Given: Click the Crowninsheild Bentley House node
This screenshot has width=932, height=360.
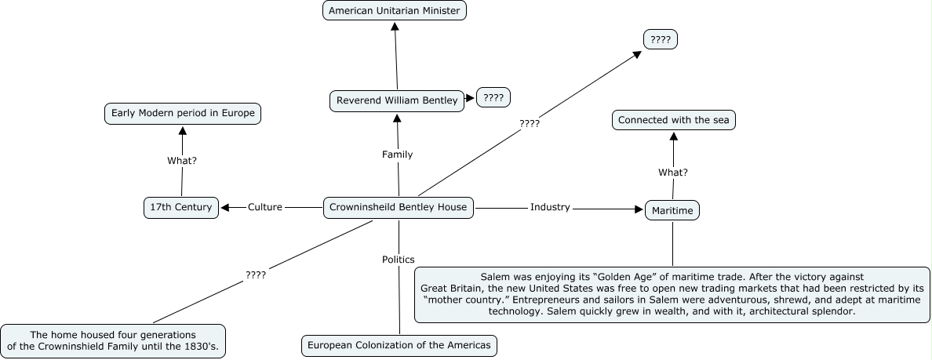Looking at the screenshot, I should pyautogui.click(x=399, y=207).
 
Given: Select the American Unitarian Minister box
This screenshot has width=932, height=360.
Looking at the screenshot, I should pyautogui.click(x=395, y=11).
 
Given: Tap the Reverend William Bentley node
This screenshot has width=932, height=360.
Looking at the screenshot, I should pyautogui.click(x=396, y=100).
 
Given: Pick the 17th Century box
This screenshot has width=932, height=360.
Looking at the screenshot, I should pyautogui.click(x=180, y=207).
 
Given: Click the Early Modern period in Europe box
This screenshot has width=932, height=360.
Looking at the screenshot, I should pyautogui.click(x=183, y=114).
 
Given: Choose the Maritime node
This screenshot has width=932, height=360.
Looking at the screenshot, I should pyautogui.click(x=672, y=210).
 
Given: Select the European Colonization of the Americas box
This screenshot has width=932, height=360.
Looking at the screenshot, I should pyautogui.click(x=399, y=345).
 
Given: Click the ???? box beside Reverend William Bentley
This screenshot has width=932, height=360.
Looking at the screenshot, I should pyautogui.click(x=493, y=98).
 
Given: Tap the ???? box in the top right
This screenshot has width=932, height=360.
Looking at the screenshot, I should pyautogui.click(x=660, y=38).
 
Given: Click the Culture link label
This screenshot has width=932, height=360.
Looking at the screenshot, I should pyautogui.click(x=264, y=207).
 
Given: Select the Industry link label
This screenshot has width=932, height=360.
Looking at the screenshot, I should pyautogui.click(x=550, y=207).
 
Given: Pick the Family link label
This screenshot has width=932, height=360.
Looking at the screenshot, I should pyautogui.click(x=397, y=155).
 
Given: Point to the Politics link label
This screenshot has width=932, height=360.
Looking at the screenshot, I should pyautogui.click(x=399, y=259).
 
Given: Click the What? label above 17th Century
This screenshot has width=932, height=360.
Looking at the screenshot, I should pyautogui.click(x=182, y=160).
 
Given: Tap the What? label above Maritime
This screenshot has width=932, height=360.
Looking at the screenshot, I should pyautogui.click(x=673, y=173).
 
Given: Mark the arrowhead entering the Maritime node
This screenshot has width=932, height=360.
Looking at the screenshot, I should pyautogui.click(x=638, y=209).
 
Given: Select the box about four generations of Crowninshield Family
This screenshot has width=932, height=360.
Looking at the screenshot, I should pyautogui.click(x=113, y=340).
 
